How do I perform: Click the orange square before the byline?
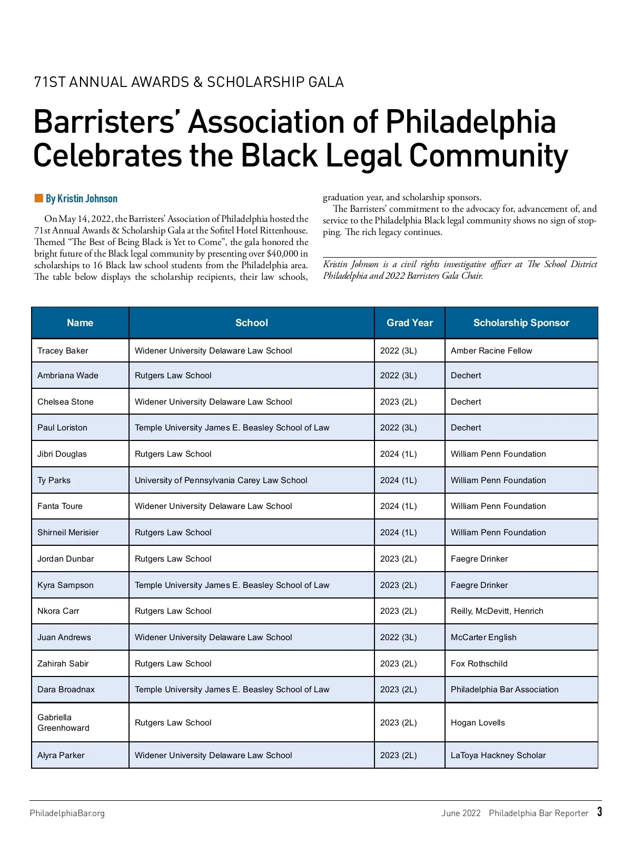click(x=38, y=198)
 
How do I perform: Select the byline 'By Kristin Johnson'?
click(x=82, y=199)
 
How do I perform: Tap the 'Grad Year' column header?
click(x=409, y=323)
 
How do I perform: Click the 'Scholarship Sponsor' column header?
click(x=521, y=323)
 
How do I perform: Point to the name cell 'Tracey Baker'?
click(x=63, y=351)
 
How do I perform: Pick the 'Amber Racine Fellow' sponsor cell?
click(x=491, y=351)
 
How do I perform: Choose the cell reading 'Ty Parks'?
click(x=54, y=480)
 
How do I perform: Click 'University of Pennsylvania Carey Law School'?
click(x=221, y=480)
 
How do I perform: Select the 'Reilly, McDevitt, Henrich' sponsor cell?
click(x=497, y=611)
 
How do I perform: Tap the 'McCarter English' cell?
click(x=483, y=638)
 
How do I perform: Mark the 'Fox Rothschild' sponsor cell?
click(x=479, y=664)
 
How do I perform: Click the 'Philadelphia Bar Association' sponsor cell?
click(x=504, y=690)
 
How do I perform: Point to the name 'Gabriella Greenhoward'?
click(x=63, y=723)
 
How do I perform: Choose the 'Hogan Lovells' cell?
click(x=477, y=723)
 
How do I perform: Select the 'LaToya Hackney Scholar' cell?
click(x=498, y=756)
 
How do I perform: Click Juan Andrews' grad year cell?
click(x=398, y=638)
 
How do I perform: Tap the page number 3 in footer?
click(x=599, y=812)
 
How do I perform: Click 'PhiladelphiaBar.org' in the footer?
click(x=67, y=813)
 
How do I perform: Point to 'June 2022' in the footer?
click(x=461, y=813)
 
